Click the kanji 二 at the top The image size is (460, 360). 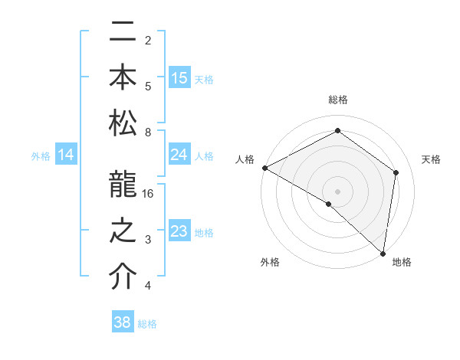[123, 33]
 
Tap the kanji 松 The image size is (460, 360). [123, 123]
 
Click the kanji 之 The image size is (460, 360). [123, 231]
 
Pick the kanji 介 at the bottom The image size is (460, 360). [123, 277]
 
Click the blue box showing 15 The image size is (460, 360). [179, 78]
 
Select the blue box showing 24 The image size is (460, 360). [179, 155]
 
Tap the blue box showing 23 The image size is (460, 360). [179, 231]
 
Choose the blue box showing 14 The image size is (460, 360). [66, 155]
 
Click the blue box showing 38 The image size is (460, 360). [122, 322]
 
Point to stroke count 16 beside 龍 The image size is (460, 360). [149, 194]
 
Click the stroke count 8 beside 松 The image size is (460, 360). [148, 133]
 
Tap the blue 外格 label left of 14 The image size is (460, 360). [41, 156]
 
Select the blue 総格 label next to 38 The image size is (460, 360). [147, 324]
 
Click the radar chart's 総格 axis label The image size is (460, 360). [338, 100]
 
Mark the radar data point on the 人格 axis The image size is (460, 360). [264, 168]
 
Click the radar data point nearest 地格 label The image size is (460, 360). [383, 253]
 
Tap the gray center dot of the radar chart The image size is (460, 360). [338, 191]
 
